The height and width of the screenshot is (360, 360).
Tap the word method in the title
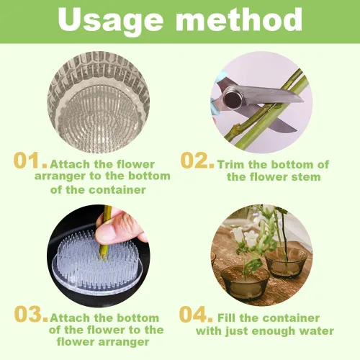(239, 19)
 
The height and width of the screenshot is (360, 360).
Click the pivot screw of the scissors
(233, 98)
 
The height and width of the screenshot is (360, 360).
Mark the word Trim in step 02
(231, 165)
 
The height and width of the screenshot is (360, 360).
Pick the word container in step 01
(117, 190)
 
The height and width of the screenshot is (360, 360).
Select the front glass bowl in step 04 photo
(245, 283)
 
